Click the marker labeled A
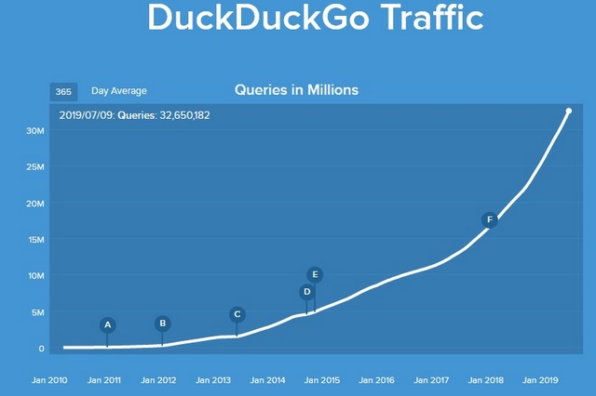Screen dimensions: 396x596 point(108,325)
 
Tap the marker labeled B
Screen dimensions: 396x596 point(163,323)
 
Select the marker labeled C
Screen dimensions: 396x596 point(237,314)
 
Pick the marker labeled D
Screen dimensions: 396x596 point(306,292)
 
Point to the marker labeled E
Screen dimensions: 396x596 point(315,274)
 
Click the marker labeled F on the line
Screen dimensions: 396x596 point(489,220)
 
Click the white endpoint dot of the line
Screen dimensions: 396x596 point(569,112)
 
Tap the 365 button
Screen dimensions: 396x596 point(63,91)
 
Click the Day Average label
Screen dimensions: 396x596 point(119,91)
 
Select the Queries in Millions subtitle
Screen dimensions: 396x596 point(296,90)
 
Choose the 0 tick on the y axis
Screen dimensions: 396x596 point(41,349)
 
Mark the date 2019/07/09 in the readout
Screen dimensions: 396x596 point(86,115)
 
